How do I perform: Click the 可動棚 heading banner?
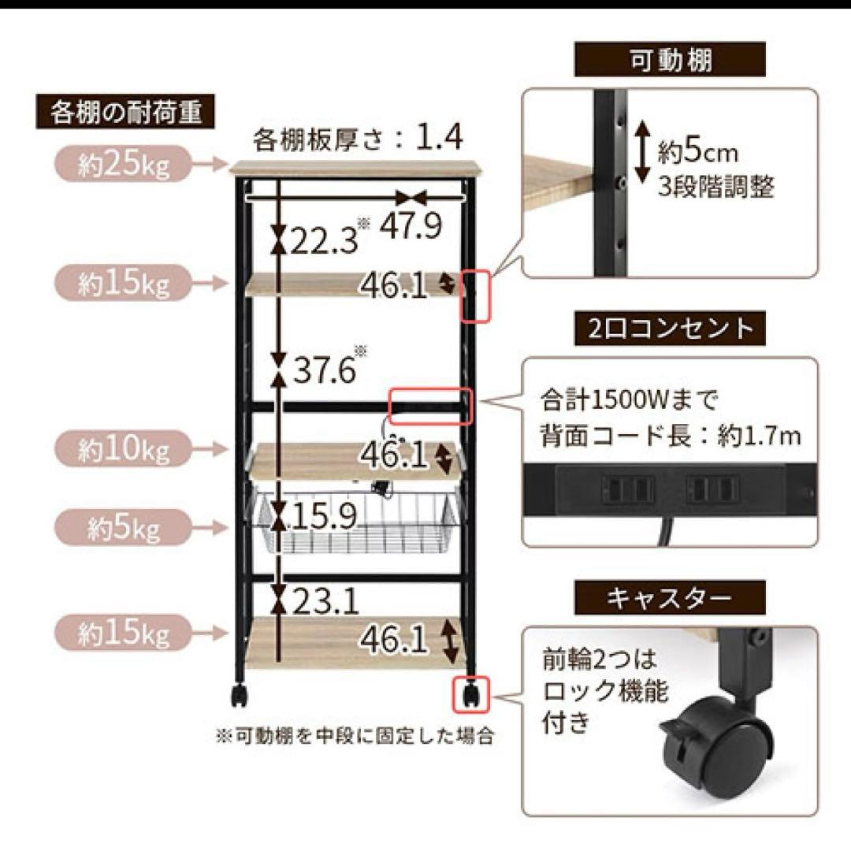(671, 59)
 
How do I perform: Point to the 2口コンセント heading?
(670, 327)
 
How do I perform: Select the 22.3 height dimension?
(324, 239)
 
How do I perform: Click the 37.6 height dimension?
(324, 369)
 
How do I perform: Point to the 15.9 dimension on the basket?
(324, 515)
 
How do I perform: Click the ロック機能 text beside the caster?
(604, 693)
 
